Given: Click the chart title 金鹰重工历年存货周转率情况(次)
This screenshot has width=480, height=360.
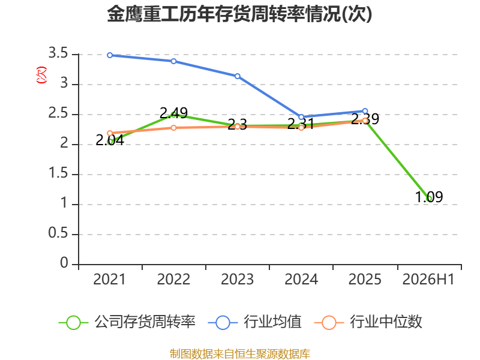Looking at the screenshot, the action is coord(239,14).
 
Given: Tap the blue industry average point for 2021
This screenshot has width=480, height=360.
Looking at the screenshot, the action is coord(110,55).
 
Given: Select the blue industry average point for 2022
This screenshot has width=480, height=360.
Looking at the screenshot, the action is coord(173,61).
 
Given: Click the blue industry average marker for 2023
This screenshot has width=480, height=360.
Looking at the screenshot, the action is coord(238,76).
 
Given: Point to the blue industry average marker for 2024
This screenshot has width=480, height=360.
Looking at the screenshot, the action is coord(301,117).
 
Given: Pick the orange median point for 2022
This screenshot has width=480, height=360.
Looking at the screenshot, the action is coord(173,128).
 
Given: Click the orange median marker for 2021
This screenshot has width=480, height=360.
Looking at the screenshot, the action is coord(110,133).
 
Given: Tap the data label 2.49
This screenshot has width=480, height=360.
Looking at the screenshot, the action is coord(173,113).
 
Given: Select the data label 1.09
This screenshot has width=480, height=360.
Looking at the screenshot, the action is coord(429,197).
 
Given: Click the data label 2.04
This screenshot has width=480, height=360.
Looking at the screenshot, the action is coord(110,140).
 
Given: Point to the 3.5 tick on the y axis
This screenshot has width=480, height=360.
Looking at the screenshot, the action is coord(58,53).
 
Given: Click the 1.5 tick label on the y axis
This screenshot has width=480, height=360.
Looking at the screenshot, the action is coord(58,173).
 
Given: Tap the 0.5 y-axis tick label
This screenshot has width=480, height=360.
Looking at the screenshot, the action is coord(58,233).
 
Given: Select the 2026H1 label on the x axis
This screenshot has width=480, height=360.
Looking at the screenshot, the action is coord(428,280).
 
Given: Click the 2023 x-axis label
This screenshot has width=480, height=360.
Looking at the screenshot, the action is coord(238,280).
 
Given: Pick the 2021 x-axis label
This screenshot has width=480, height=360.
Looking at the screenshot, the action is coord(110,280).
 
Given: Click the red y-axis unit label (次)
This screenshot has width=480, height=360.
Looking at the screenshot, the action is coord(41,75).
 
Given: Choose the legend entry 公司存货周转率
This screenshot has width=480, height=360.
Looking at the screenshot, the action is coord(127,322).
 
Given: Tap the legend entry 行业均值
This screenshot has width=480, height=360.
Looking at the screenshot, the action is coord(254,322).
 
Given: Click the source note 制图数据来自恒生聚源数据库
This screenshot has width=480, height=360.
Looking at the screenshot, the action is coord(240,354).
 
